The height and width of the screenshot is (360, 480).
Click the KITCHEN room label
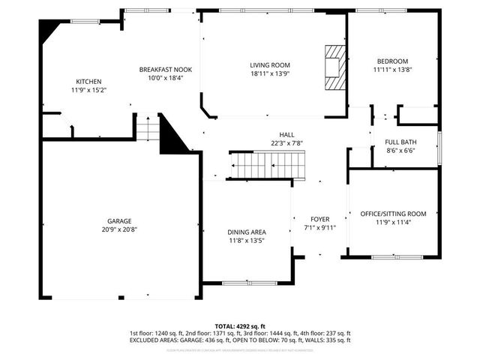88,82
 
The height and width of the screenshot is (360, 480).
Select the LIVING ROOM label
270,65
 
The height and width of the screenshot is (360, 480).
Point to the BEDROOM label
392,61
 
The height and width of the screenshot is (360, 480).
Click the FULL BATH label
400,142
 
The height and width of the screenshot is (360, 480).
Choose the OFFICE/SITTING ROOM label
393,214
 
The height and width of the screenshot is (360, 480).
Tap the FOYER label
320,219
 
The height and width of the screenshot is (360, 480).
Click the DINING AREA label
247,232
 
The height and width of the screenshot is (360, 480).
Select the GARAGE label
119,221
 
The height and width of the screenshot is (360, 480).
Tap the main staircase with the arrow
268,164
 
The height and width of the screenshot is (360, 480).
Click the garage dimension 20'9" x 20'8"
119,229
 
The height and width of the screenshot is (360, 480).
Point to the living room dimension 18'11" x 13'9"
270,74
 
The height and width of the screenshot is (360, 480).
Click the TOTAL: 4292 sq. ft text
240,325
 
